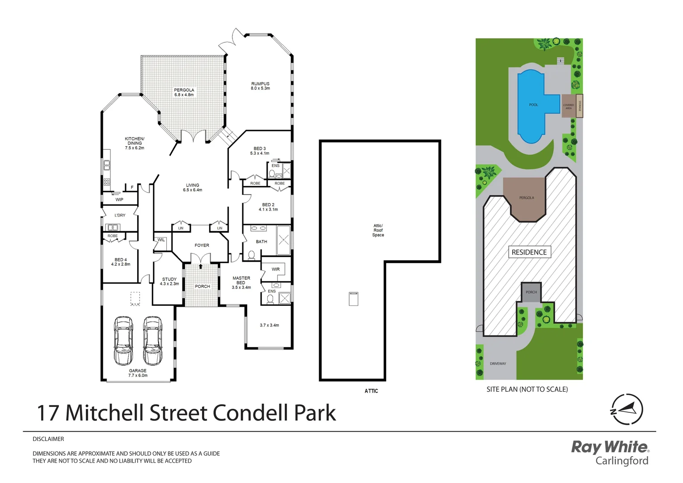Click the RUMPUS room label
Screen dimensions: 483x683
tap(260, 84)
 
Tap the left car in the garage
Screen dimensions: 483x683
tap(123, 340)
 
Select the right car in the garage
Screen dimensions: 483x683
tap(152, 340)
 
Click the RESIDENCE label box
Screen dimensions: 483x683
tap(529, 252)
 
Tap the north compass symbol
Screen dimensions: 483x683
tap(627, 409)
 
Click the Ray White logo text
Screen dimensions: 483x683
tap(610, 447)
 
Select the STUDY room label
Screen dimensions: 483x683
tap(169, 279)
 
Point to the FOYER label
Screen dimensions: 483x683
tap(202, 246)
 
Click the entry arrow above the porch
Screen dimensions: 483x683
tap(201, 267)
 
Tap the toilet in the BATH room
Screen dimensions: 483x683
tap(251, 255)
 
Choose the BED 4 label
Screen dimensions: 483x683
tap(121, 260)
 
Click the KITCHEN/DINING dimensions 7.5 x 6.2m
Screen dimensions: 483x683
tap(135, 148)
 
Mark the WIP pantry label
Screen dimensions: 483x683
tap(119, 199)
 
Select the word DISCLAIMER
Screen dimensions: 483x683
tap(48, 439)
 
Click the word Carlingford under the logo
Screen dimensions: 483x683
tap(622, 461)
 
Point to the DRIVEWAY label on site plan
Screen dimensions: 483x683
tap(498, 364)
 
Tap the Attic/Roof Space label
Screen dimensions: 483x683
tap(378, 230)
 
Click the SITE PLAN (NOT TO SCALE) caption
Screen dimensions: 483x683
tap(527, 390)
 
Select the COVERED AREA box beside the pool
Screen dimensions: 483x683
tap(568, 106)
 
